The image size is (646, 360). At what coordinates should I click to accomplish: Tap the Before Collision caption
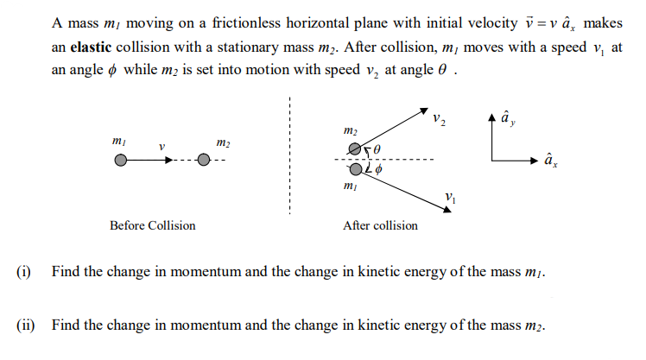(152, 225)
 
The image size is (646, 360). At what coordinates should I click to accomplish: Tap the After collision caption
(380, 225)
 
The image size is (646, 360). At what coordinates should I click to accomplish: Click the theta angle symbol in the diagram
(377, 150)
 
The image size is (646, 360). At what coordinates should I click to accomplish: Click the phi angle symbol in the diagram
(377, 171)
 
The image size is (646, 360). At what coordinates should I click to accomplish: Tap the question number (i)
(24, 272)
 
